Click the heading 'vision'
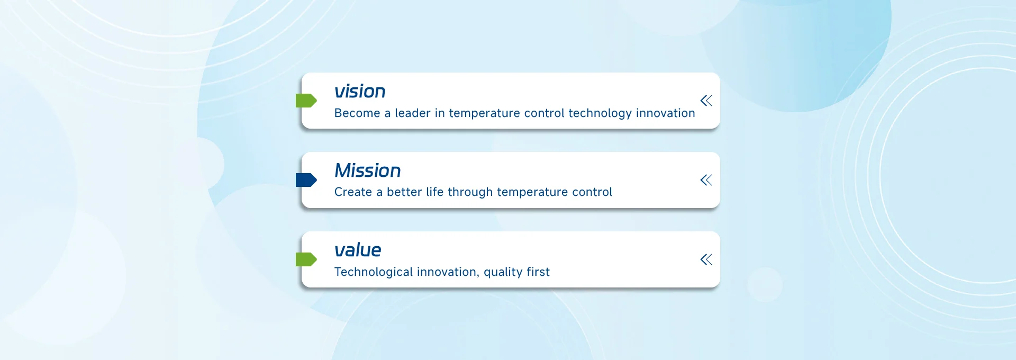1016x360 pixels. [x=360, y=91]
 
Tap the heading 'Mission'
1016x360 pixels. [x=368, y=170]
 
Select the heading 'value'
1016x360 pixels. [x=358, y=250]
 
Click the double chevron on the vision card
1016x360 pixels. [x=706, y=101]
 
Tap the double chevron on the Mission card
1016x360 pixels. [x=706, y=180]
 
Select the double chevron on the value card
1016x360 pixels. [x=706, y=259]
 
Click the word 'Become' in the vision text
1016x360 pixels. [x=357, y=113]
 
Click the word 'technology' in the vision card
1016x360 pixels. [x=600, y=114]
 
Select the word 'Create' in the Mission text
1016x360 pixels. [x=353, y=192]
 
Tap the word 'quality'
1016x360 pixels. [x=503, y=273]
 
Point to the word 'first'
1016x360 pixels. [x=538, y=272]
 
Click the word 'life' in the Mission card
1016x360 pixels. [x=435, y=192]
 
